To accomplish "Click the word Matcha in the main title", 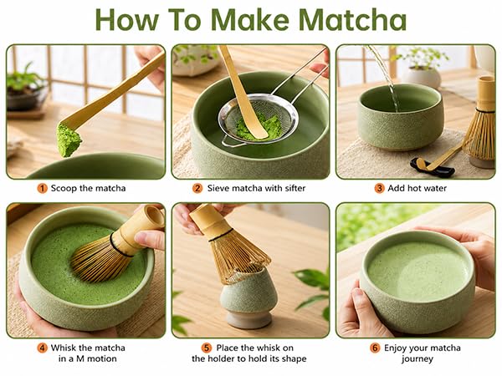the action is coord(352,20).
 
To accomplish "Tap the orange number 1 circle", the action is coord(43,188).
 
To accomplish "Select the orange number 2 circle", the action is coord(197,188).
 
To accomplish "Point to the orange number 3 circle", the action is coord(379,188).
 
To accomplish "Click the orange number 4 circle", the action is coord(43,348).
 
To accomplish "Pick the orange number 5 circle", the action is coord(207,348).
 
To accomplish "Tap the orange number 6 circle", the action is coord(375,348).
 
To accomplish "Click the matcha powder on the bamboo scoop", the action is coord(69,140).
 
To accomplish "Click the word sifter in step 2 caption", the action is coord(293,188).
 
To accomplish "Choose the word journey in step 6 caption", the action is coord(417,358).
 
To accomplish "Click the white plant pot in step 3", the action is coord(421,78).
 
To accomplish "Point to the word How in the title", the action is coord(127,20).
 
